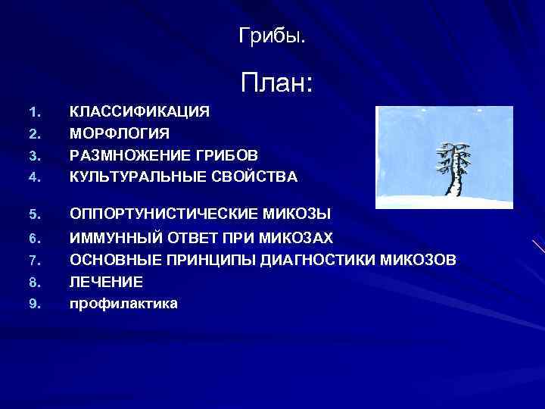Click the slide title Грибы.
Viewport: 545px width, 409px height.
tap(272, 35)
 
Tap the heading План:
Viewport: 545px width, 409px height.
tap(276, 83)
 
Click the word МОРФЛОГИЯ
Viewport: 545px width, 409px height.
tap(120, 133)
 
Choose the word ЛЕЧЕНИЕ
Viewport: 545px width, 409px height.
tap(106, 282)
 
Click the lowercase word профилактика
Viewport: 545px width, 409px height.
tap(124, 304)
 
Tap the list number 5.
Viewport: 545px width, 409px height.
tap(33, 214)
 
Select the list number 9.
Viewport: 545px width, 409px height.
tap(33, 304)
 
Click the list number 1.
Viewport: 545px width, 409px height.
tap(33, 112)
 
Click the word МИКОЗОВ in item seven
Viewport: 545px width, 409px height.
tap(421, 261)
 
